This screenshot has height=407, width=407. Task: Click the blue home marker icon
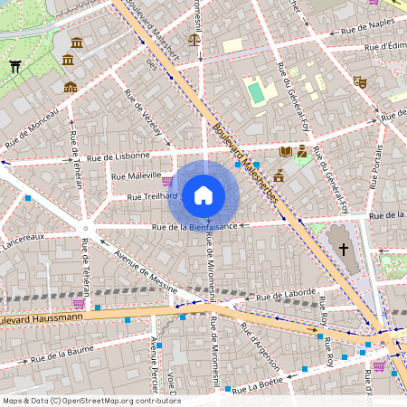[203, 194]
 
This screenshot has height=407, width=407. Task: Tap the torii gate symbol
[14, 66]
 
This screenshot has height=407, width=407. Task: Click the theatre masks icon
[360, 80]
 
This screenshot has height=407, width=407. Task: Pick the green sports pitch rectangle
[257, 92]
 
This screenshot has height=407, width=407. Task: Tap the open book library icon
[286, 151]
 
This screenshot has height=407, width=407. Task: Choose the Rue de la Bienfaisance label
[194, 226]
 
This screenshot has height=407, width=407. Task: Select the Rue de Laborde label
[286, 296]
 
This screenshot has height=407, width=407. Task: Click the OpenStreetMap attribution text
[90, 401]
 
